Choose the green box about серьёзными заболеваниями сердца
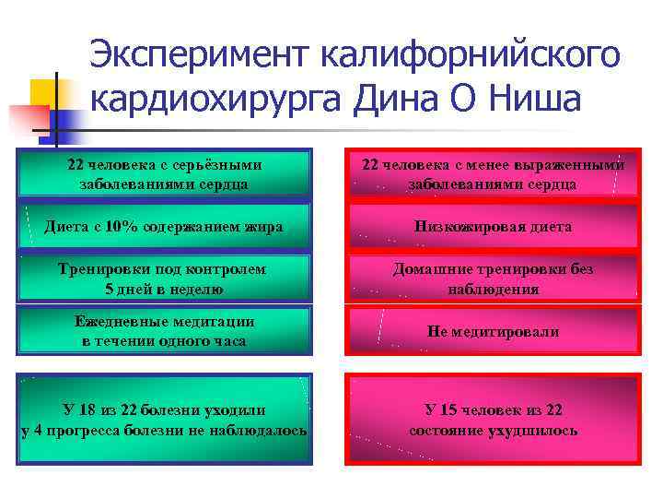click(x=165, y=174)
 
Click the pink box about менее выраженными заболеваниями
click(x=493, y=174)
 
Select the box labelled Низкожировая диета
click(x=493, y=227)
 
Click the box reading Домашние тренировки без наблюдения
click(x=493, y=279)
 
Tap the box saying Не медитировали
click(x=493, y=331)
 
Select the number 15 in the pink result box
click(x=453, y=410)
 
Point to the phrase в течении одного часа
click(x=165, y=341)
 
